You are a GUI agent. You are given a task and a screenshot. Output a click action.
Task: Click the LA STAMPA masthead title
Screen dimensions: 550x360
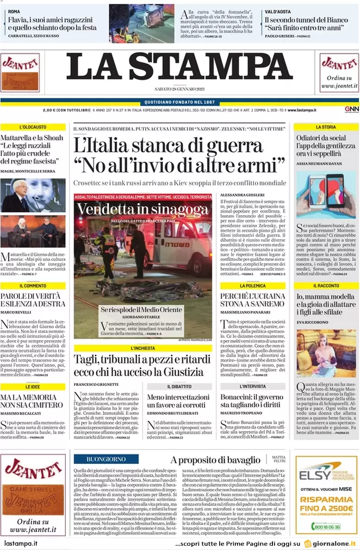coord(179,68)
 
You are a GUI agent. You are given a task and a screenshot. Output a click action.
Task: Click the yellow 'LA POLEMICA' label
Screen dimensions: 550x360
coord(252,286)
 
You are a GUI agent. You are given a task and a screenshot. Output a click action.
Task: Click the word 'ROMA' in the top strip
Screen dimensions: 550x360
coord(14,11)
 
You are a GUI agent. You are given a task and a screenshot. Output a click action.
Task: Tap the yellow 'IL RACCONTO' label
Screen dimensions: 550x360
coord(326,286)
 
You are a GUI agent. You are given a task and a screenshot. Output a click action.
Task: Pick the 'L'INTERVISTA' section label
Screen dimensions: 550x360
coord(252,386)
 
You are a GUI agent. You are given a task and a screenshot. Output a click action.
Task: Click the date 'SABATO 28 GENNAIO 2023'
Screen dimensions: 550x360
coord(179,89)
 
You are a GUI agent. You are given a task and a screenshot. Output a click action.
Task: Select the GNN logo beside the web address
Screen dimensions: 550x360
coord(351,110)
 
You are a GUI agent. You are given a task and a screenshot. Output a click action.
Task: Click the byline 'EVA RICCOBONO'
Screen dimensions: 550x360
coord(313,322)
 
